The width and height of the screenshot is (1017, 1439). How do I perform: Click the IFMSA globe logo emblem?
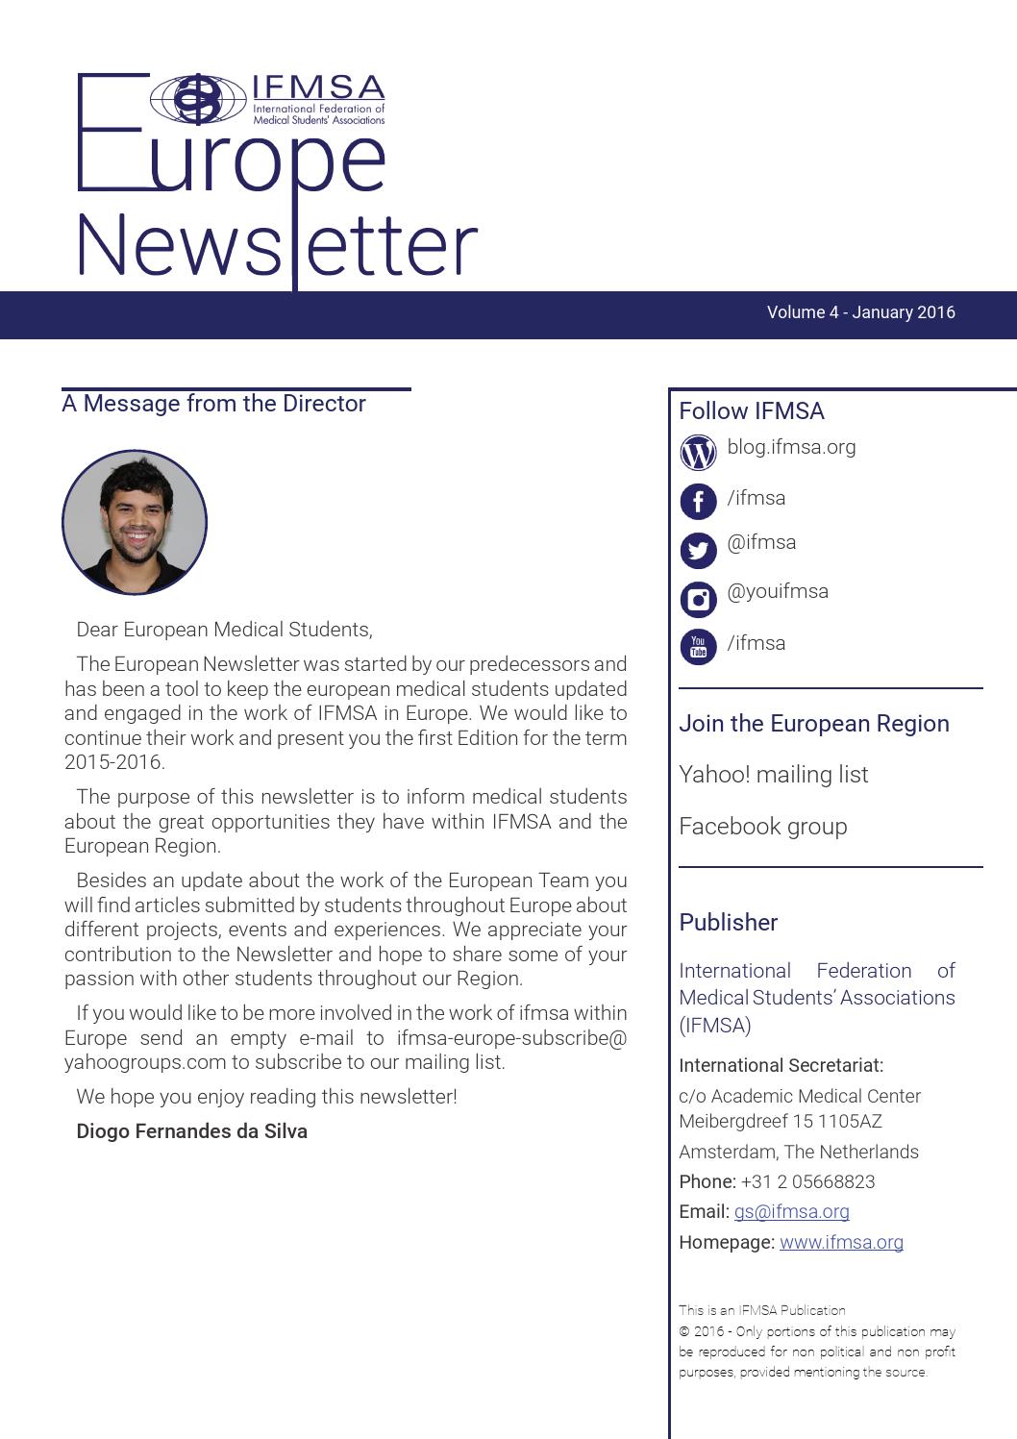point(198,99)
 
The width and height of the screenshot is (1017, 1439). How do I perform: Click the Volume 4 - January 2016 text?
point(860,312)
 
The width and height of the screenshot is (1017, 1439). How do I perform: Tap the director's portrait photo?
point(135,523)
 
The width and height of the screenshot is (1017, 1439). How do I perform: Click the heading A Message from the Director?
point(213,404)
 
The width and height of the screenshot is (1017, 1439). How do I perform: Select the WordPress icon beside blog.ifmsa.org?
point(698,452)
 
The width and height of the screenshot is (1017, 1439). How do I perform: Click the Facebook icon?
point(698,502)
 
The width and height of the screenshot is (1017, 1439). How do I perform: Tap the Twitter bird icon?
point(698,551)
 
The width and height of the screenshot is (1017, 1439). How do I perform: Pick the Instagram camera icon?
point(698,600)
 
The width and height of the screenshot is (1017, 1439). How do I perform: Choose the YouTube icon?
point(698,647)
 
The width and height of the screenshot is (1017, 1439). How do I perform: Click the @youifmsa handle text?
point(778,591)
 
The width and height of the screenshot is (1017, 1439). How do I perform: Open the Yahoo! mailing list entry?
point(773,775)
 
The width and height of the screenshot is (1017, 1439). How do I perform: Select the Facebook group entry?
point(762,827)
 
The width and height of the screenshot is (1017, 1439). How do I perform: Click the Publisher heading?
point(728,923)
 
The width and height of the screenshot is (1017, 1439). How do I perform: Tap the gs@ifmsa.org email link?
point(791,1212)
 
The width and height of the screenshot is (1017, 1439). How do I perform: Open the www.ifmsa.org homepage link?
point(841,1242)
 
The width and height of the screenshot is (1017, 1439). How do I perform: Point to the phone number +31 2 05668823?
point(807,1182)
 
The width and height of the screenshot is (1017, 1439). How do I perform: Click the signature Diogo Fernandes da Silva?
point(191,1131)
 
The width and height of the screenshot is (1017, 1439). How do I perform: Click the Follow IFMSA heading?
point(751,411)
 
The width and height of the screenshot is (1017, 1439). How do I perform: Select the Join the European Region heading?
point(813,724)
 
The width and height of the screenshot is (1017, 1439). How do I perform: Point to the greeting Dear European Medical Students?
point(224,630)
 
